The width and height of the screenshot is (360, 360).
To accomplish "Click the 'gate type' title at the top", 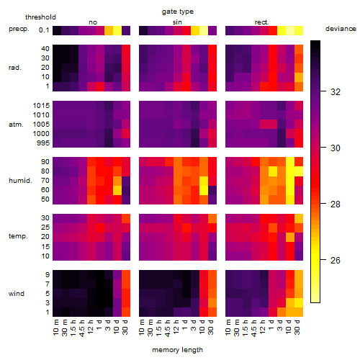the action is pos(178,12).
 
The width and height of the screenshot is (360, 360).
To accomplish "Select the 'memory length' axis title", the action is pos(177,350).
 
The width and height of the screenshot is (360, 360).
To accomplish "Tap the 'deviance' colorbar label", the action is pos(341,29).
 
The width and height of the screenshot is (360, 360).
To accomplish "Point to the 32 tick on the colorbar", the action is pos(336,91).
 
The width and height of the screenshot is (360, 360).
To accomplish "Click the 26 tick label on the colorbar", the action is pos(336,260).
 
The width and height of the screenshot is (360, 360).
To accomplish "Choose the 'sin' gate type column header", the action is pos(177,22).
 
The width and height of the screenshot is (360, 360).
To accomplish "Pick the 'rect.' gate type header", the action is pos(261,22).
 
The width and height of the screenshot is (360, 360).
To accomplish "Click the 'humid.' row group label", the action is pos(20,181).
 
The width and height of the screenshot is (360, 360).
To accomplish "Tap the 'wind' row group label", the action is pos(17,294).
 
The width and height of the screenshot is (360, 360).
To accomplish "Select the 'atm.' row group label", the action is pos(16,125).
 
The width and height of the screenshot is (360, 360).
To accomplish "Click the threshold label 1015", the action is pos(41,105).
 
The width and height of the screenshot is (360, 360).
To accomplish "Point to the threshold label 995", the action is pos(43,143).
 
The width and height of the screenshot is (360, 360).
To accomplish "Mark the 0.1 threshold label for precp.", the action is pos(44,30).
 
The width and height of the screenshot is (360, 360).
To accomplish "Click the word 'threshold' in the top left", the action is pos(40,17).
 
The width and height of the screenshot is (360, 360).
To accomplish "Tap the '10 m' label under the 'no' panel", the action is pos(55,328).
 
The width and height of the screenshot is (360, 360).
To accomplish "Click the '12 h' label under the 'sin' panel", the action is pos(176,327).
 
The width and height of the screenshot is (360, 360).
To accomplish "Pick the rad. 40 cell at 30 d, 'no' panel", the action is pos(126,49).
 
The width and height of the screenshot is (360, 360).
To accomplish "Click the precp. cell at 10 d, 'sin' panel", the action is pos(204,30).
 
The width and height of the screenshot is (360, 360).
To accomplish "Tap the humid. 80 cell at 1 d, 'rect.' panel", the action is pos(273,171).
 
